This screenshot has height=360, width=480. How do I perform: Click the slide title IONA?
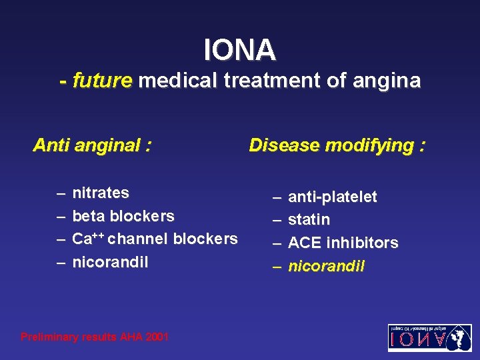[x=239, y=49]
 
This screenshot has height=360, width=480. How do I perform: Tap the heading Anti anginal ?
[x=92, y=145]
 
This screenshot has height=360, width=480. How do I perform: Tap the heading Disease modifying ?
[x=337, y=145]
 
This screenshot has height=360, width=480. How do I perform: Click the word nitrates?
[x=101, y=193]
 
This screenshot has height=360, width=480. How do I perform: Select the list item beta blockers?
[x=123, y=216]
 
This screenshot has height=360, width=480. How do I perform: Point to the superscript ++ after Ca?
[x=99, y=235]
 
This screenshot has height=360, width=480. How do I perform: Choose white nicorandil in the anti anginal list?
[x=110, y=262]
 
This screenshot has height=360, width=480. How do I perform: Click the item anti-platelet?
[x=332, y=197]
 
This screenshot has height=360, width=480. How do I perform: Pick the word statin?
[x=309, y=220]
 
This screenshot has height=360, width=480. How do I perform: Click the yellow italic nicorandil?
[x=326, y=266]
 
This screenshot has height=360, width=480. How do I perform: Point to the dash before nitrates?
[x=61, y=193]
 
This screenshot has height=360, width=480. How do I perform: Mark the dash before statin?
[x=277, y=220]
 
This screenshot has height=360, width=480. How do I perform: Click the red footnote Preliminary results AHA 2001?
[x=95, y=337]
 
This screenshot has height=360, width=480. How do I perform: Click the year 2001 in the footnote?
[x=156, y=337]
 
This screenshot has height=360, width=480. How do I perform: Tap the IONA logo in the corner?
[x=429, y=338]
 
